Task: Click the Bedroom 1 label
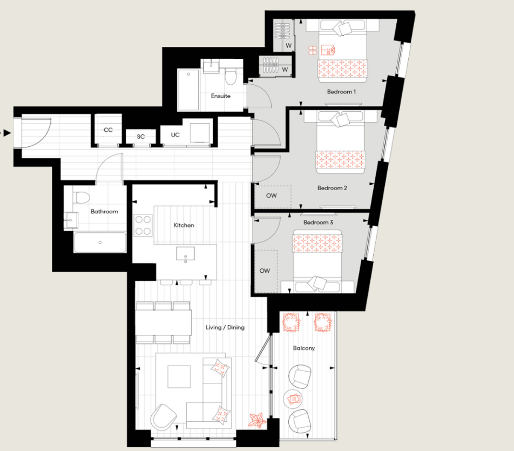[341, 92]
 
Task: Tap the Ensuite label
[221, 96]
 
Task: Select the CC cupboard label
[108, 130]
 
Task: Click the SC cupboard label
[141, 137]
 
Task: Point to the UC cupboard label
[175, 134]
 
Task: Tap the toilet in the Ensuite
[231, 78]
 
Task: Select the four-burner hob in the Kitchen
[143, 225]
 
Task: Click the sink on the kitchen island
[185, 254]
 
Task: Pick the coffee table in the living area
[179, 376]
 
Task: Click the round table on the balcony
[294, 399]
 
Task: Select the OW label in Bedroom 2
[271, 196]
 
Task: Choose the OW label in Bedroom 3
[265, 271]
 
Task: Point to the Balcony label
[304, 348]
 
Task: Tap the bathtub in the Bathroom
[100, 242]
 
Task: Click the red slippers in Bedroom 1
[312, 50]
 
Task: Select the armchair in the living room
[164, 416]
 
